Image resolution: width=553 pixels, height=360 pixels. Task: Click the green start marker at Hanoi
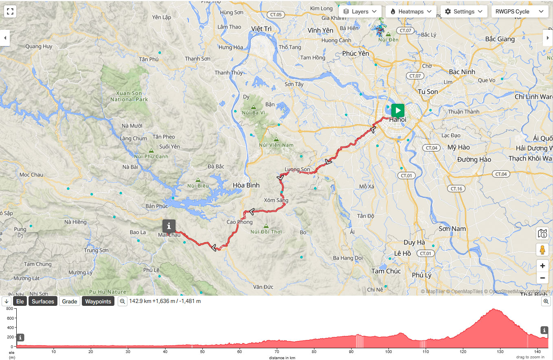click(398, 110)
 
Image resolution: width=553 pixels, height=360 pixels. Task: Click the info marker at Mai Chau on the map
click(169, 226)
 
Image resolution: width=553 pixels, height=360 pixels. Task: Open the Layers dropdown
click(360, 11)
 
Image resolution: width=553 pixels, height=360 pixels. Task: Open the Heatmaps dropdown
click(411, 11)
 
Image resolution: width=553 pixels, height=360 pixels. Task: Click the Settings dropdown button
click(464, 11)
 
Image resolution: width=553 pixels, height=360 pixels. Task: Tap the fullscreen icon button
click(10, 11)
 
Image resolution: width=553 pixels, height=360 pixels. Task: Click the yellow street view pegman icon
click(542, 249)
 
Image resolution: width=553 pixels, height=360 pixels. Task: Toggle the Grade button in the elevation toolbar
click(70, 301)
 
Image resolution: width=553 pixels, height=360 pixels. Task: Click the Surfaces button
click(43, 301)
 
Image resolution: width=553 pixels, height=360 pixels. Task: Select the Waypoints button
click(98, 301)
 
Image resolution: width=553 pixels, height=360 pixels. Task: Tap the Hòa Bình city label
click(246, 185)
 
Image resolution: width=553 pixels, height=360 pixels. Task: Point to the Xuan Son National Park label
click(129, 96)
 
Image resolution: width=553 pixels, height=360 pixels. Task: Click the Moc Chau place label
click(31, 175)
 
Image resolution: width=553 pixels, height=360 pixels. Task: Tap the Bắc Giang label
click(500, 40)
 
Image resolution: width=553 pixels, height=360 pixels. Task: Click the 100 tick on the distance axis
click(388, 352)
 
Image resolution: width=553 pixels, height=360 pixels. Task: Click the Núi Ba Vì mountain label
click(256, 113)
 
